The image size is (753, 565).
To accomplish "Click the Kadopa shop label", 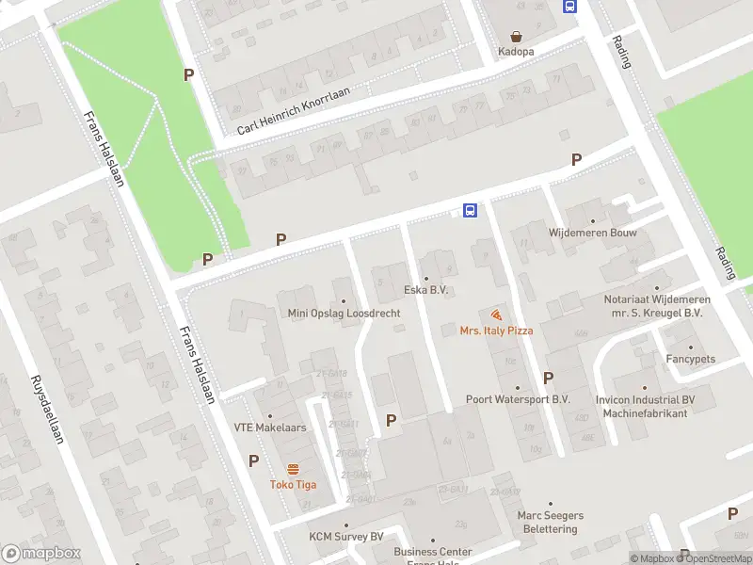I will pos(516,51).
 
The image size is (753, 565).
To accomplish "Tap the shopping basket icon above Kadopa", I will pos(516,34).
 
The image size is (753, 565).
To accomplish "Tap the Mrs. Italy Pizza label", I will pos(496,331).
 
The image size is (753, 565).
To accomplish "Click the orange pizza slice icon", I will pos(496,315).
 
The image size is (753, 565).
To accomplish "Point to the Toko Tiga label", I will pos(293,485).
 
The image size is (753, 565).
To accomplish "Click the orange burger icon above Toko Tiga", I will pos(293,469).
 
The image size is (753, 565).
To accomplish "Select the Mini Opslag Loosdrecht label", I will pos(344,314).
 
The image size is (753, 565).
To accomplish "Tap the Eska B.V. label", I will pos(425,290).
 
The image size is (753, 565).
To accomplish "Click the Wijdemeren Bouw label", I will pos(593,232).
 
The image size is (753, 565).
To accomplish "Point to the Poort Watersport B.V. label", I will pos(518,399).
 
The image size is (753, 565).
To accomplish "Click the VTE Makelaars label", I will pos(270,428).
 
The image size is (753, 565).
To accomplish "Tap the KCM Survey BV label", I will pos(346,537).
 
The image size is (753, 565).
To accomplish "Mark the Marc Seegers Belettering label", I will pos(551,522).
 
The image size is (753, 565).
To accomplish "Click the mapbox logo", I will pos(41,554).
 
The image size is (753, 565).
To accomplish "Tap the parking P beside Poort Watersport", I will pos(548,378).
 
